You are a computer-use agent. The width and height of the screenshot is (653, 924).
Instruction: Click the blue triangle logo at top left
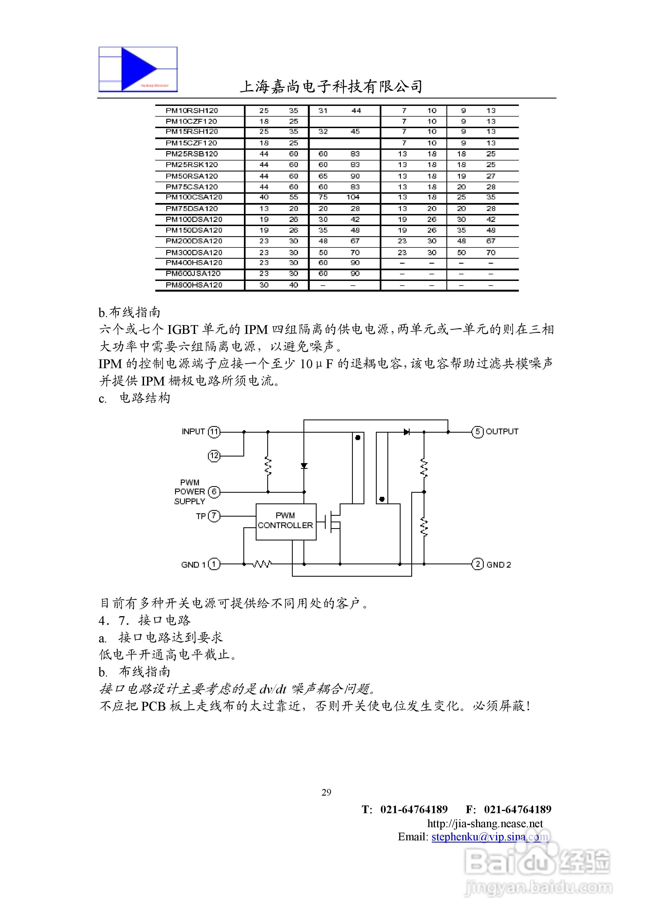138,69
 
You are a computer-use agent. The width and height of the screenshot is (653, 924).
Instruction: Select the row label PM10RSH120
192,111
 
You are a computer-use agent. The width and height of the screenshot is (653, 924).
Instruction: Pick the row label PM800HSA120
194,285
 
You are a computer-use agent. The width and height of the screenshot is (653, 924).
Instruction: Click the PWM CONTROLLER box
285,521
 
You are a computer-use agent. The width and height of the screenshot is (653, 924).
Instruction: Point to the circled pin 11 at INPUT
214,432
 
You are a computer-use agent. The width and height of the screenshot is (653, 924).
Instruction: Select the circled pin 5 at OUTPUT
477,432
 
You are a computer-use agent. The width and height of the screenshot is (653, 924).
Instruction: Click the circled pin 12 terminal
214,456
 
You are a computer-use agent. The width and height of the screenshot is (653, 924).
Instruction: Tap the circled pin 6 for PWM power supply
214,492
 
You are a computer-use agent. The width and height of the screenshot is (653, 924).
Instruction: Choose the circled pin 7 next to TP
214,516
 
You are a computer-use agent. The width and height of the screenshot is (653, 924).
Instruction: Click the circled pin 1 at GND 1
214,564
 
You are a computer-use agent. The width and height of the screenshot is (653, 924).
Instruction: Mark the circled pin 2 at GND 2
477,564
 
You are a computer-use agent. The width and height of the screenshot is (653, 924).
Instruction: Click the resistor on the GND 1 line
262,564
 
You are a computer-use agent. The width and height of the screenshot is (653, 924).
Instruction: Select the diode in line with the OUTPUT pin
407,432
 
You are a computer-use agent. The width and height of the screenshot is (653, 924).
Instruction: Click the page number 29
326,792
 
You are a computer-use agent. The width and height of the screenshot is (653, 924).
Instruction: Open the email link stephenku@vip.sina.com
489,837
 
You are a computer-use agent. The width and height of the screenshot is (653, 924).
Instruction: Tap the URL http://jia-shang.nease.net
485,823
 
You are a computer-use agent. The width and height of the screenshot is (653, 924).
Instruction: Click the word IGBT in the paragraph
182,329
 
